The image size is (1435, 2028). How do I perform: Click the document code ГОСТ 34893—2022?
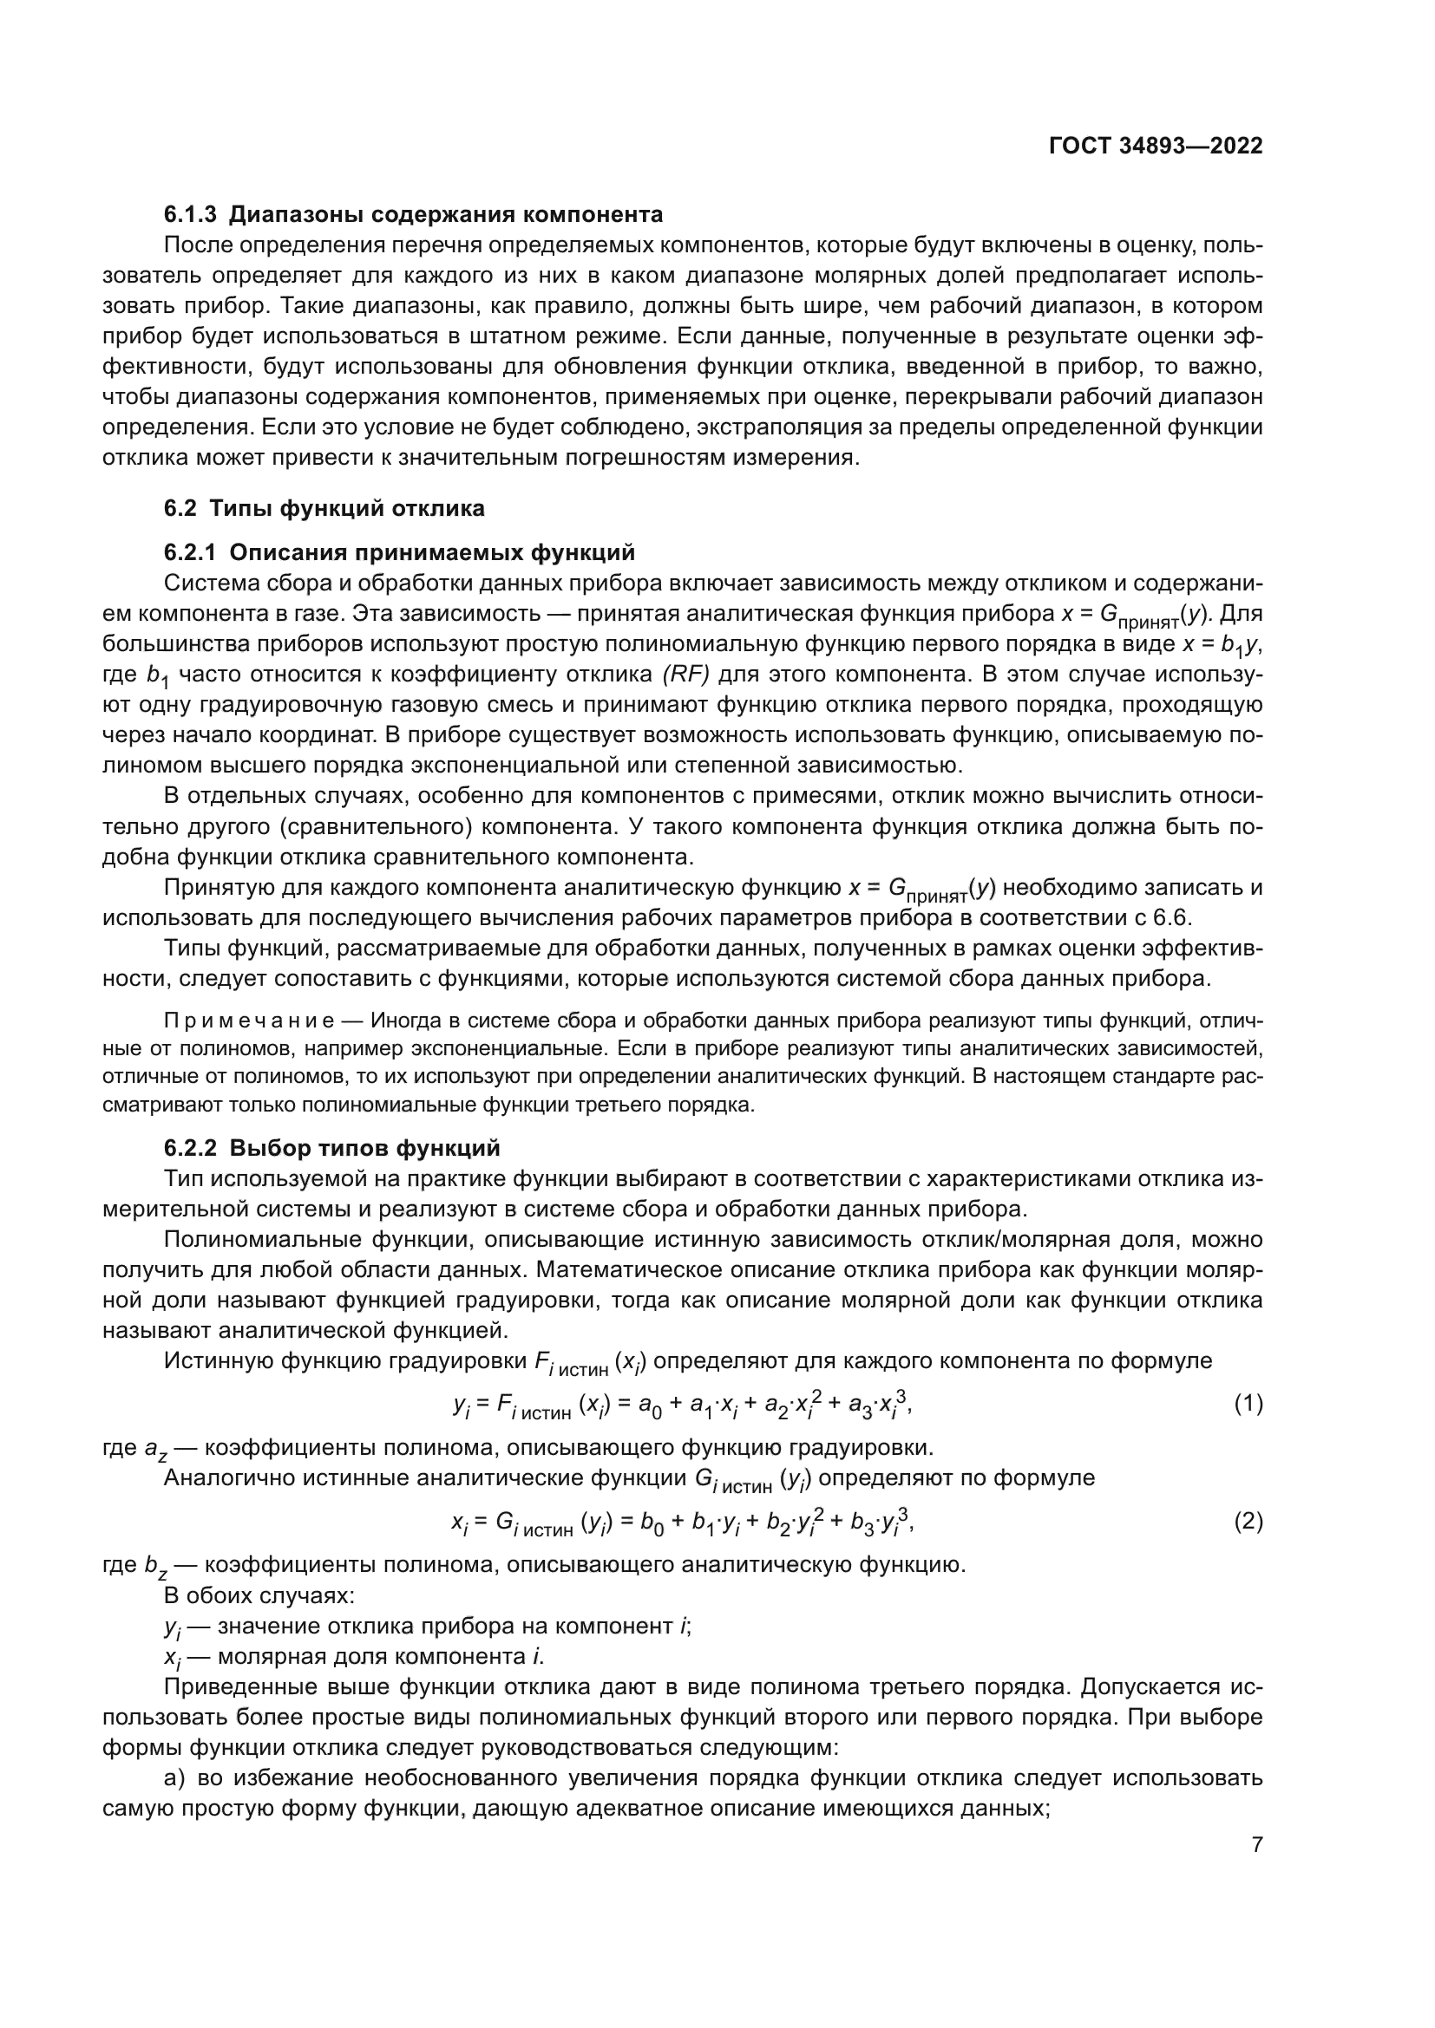click(x=1156, y=146)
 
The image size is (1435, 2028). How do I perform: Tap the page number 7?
click(x=1256, y=1845)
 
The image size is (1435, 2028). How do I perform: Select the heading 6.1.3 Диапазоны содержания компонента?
click(x=413, y=214)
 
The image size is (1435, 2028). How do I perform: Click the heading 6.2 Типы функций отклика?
click(x=324, y=508)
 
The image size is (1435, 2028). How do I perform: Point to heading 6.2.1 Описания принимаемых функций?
click(x=399, y=553)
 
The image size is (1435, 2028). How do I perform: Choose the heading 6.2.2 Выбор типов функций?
click(x=331, y=1148)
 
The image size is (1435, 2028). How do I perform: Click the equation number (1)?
click(x=1248, y=1404)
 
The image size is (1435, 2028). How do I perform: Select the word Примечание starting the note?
click(x=249, y=1021)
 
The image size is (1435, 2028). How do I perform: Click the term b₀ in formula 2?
click(x=652, y=1523)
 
